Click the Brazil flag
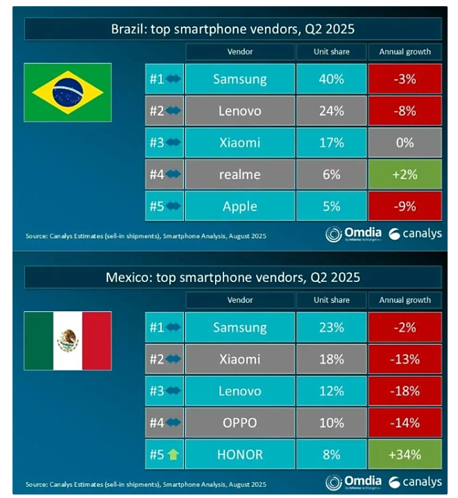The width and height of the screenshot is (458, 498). (x=67, y=92)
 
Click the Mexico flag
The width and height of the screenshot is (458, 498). (x=67, y=340)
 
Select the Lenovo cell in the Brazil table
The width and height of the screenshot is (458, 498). (x=240, y=110)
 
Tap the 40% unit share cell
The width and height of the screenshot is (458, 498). (x=332, y=79)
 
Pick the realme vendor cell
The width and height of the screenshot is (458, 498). (x=240, y=174)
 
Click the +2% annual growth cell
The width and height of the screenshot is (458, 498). (x=405, y=174)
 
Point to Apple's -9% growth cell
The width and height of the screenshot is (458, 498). (x=405, y=206)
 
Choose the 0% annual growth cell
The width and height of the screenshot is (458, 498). (x=405, y=142)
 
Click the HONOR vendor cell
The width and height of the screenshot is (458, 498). (x=240, y=455)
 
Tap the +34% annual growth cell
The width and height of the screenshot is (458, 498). (x=405, y=455)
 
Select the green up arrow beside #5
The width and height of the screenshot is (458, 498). (x=172, y=455)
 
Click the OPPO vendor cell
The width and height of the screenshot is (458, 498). (x=240, y=423)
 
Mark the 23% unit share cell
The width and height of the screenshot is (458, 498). (x=332, y=327)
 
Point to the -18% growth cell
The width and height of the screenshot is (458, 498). (x=405, y=391)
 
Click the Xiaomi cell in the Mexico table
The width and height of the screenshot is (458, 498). (x=240, y=359)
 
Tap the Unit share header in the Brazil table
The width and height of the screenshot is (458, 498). (x=332, y=51)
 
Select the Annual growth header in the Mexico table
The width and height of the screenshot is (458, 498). (x=405, y=300)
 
